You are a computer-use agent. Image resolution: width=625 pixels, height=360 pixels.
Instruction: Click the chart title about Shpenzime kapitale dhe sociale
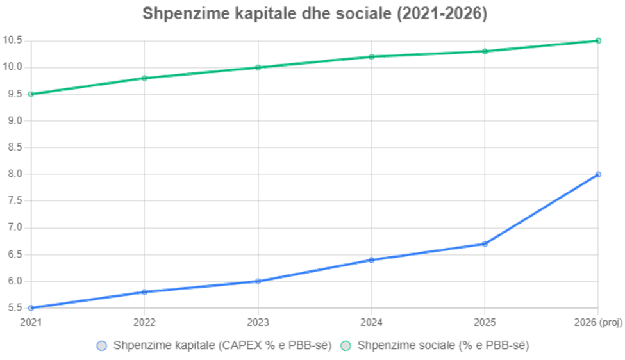pos(313,15)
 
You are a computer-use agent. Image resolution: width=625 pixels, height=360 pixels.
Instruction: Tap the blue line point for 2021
pos(31,307)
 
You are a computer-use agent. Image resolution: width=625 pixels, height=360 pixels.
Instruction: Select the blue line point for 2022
pos(144,291)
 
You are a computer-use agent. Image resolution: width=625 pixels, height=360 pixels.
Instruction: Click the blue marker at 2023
pos(258,281)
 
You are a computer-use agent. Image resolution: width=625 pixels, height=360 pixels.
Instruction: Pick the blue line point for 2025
pos(485,243)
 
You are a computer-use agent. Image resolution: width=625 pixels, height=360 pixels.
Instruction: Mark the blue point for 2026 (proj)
pos(598,174)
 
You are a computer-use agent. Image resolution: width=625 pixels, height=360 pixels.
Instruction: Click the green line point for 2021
pos(31,94)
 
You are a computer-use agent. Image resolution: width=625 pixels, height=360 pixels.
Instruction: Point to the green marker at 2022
pos(144,78)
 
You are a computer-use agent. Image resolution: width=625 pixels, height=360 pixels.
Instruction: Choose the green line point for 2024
pos(371,56)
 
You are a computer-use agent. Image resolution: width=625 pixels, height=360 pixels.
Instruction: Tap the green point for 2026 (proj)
pos(598,40)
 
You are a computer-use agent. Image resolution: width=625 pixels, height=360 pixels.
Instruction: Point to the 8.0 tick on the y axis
pos(13,174)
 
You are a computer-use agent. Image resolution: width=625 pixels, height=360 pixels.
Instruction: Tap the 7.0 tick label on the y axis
pos(13,227)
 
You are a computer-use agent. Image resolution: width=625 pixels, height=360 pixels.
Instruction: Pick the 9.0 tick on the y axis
pos(13,120)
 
